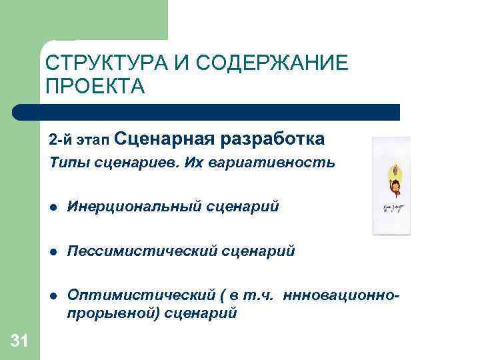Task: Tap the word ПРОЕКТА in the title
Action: coord(95,87)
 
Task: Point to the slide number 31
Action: coord(20,342)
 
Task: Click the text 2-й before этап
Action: coord(60,141)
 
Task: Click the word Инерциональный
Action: coord(133,207)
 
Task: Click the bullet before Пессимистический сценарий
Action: coord(51,252)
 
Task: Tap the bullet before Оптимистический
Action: coord(51,297)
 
